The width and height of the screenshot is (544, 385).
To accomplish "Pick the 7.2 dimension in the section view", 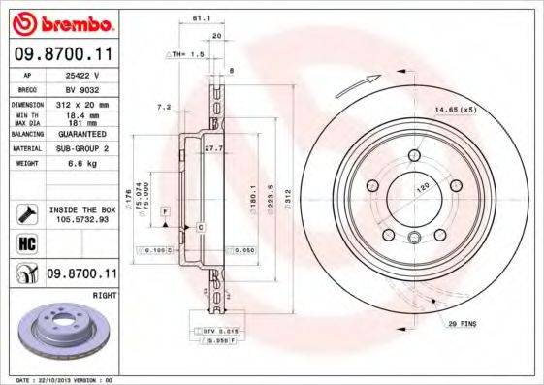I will pyautogui.click(x=163, y=107).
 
